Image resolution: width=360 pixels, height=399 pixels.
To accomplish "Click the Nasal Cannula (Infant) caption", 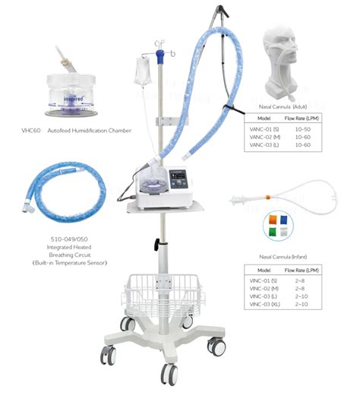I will tap(294, 257).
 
